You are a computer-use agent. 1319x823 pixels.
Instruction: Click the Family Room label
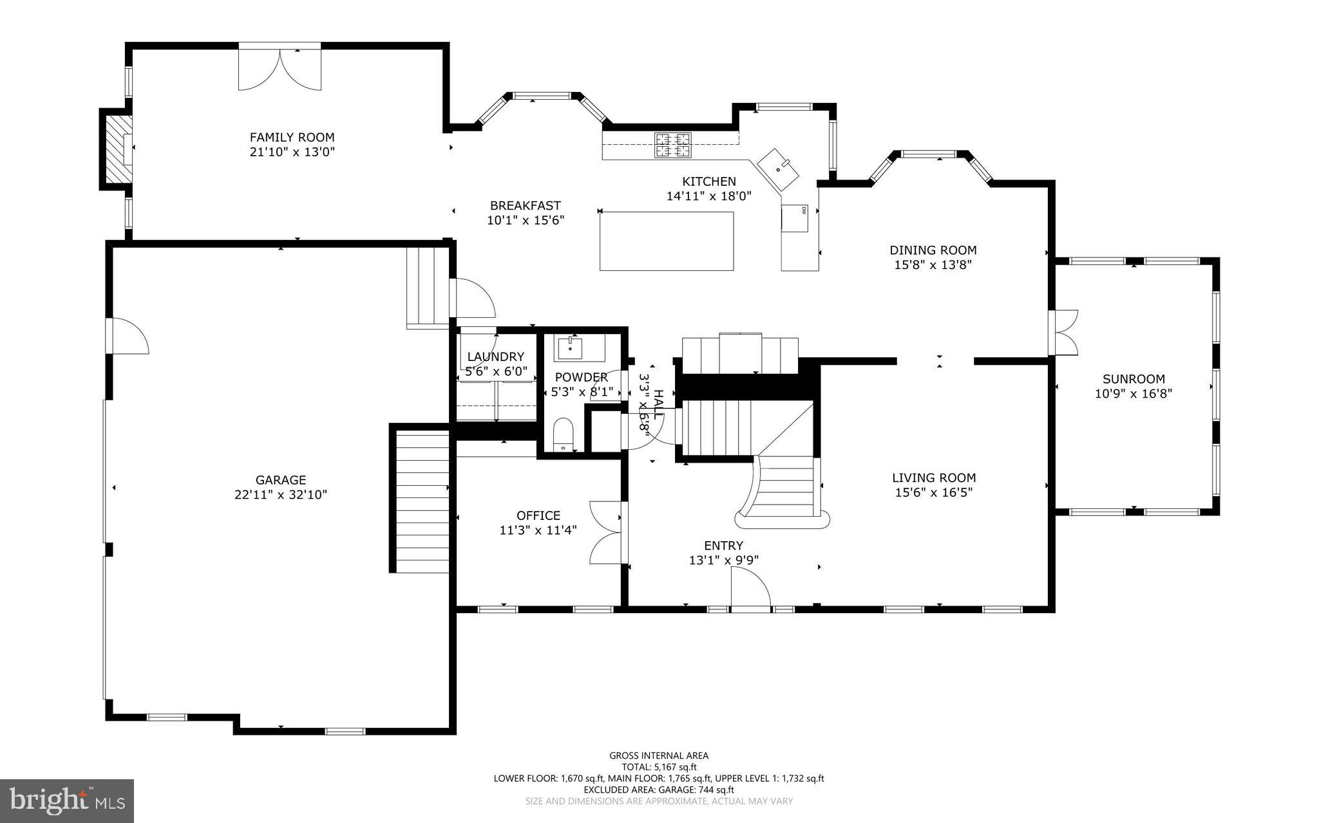(x=292, y=137)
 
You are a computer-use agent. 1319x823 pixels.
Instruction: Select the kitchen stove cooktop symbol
(x=673, y=145)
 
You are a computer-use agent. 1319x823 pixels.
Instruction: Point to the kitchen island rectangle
(x=667, y=241)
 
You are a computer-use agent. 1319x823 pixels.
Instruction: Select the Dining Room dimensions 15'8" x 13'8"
(x=933, y=264)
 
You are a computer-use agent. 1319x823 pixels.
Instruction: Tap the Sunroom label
(x=1133, y=379)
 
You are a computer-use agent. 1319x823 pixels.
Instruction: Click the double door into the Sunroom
(x=1063, y=333)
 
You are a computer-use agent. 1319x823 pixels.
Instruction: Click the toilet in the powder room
(x=563, y=434)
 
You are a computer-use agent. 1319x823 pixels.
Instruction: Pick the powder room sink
(x=571, y=347)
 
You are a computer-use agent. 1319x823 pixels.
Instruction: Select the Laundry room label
(x=495, y=357)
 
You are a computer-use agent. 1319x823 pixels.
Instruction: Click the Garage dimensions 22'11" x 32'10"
(x=281, y=495)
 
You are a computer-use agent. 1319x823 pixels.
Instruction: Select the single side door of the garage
(x=128, y=335)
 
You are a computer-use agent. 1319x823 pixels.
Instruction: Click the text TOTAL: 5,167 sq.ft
(x=659, y=767)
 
